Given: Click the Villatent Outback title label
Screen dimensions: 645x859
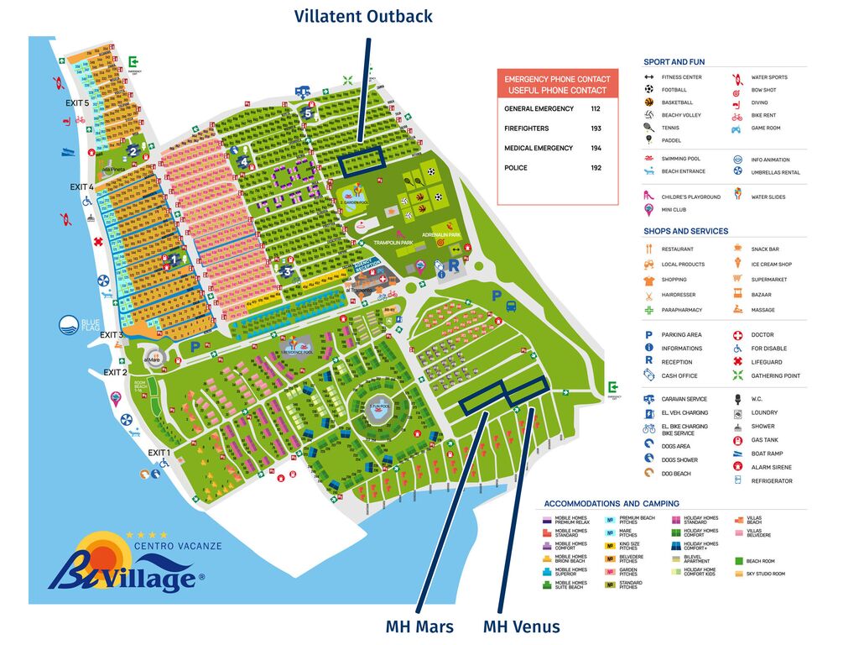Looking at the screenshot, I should pyautogui.click(x=363, y=16).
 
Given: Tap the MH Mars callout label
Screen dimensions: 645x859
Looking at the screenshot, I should pyautogui.click(x=419, y=627).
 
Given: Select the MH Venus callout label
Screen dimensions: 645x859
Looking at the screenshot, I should pyautogui.click(x=521, y=627).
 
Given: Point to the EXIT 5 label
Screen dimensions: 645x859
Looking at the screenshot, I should pyautogui.click(x=77, y=102).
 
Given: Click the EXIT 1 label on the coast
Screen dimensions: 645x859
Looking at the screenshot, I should pyautogui.click(x=159, y=453).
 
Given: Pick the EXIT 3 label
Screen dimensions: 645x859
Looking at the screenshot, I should pyautogui.click(x=112, y=334).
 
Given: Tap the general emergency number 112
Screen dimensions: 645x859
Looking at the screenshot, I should pyautogui.click(x=596, y=109).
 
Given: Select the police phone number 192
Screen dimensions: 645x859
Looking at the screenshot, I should pyautogui.click(x=596, y=168).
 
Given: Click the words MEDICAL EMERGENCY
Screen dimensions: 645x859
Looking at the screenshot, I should pyautogui.click(x=539, y=148).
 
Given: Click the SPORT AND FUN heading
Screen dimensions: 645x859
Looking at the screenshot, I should pyautogui.click(x=674, y=62).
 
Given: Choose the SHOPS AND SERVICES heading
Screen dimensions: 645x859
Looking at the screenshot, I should pyautogui.click(x=685, y=231).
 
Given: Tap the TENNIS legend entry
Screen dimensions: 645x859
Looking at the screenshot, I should pyautogui.click(x=669, y=128).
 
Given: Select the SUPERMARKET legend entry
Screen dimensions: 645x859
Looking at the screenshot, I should pyautogui.click(x=769, y=280).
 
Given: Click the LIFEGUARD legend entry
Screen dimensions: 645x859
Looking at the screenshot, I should pyautogui.click(x=767, y=362).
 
